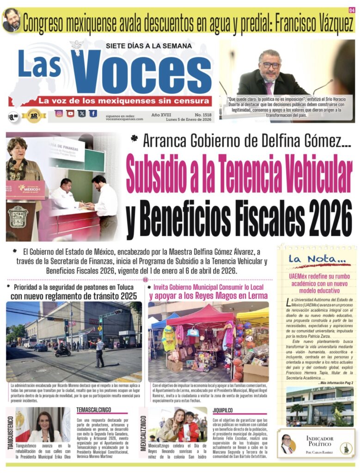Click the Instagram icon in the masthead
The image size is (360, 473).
pos(59,114)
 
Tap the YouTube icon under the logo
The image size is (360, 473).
pos(70,114)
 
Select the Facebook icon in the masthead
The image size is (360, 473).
pos(93,114)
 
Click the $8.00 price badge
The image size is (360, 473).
pos(13,117)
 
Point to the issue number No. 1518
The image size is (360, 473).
pos(203,114)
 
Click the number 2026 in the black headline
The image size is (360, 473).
pos(319,217)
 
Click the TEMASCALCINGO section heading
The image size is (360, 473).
pos(94,410)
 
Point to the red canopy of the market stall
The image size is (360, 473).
pos(199,317)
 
